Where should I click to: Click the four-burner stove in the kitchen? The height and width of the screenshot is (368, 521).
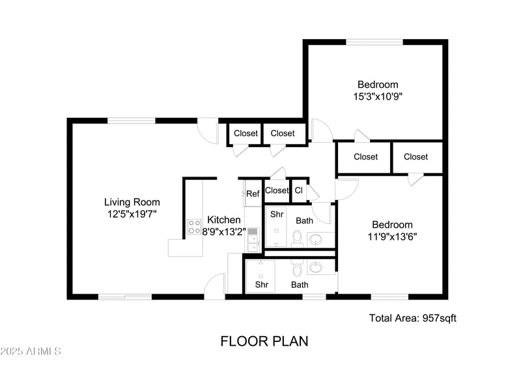coord(194,226)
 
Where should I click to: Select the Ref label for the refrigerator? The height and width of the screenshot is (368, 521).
coord(253,193)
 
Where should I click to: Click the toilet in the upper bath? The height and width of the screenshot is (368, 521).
coord(297,238)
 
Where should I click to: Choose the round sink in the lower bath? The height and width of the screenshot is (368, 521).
coord(317,267)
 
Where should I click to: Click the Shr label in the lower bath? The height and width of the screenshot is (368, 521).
coord(262,285)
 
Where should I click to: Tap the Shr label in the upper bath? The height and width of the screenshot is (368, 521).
coord(277,214)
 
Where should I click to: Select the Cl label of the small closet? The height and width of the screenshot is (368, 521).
coord(298,191)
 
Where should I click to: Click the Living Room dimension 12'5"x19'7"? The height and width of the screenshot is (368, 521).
coord(132,214)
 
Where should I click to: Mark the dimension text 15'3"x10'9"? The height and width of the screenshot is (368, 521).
coord(378,96)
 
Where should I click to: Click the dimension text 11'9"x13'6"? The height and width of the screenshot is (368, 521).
coord(392,236)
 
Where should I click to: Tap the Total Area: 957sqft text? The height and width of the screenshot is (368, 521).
coord(413,318)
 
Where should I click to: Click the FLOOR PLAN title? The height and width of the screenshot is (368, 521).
coord(264,341)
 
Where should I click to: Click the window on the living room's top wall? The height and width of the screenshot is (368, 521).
coord(132,120)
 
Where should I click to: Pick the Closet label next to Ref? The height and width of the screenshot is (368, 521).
coord(277,191)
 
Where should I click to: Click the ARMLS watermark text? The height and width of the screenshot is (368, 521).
coord(31,351)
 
